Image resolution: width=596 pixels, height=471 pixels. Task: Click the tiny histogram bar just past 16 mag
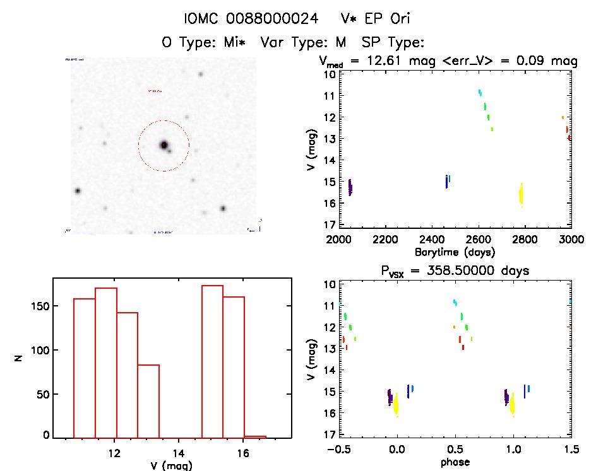point(255,436)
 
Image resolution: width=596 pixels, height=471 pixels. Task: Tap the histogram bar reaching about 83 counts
point(148,400)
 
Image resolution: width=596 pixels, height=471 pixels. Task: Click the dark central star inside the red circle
point(164,145)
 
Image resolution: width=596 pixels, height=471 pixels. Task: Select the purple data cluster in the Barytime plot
point(350,187)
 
